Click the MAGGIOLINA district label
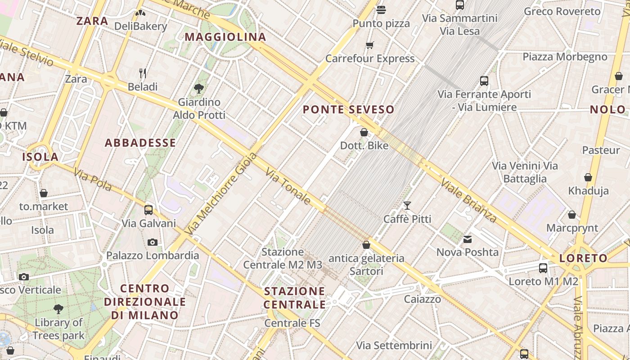(225, 37)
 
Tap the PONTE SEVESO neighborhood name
(348, 109)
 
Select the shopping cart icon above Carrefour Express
(370, 45)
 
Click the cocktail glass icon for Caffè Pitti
(407, 206)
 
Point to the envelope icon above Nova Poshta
(468, 239)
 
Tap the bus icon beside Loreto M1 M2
(543, 268)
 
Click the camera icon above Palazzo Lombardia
(153, 242)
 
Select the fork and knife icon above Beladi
(143, 73)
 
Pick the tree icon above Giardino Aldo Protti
(198, 88)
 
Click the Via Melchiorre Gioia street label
(221, 194)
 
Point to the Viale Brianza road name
(469, 201)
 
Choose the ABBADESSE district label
(140, 143)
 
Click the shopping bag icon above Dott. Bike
(364, 132)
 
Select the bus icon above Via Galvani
(148, 210)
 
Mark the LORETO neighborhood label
(583, 258)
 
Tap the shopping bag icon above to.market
(44, 193)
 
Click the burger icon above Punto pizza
(381, 10)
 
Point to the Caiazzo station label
(423, 299)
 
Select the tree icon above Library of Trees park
(58, 309)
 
